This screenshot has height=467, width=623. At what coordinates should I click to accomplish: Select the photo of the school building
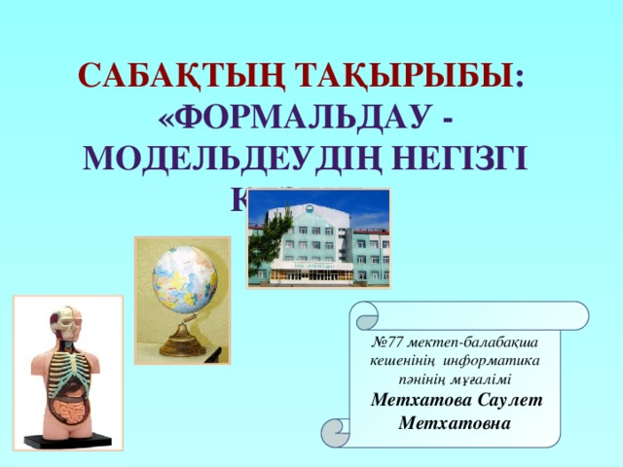pyautogui.click(x=319, y=238)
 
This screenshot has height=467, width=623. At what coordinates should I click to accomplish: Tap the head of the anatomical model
pyautogui.click(x=64, y=324)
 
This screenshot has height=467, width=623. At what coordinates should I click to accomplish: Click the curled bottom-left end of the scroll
pyautogui.click(x=338, y=431)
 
